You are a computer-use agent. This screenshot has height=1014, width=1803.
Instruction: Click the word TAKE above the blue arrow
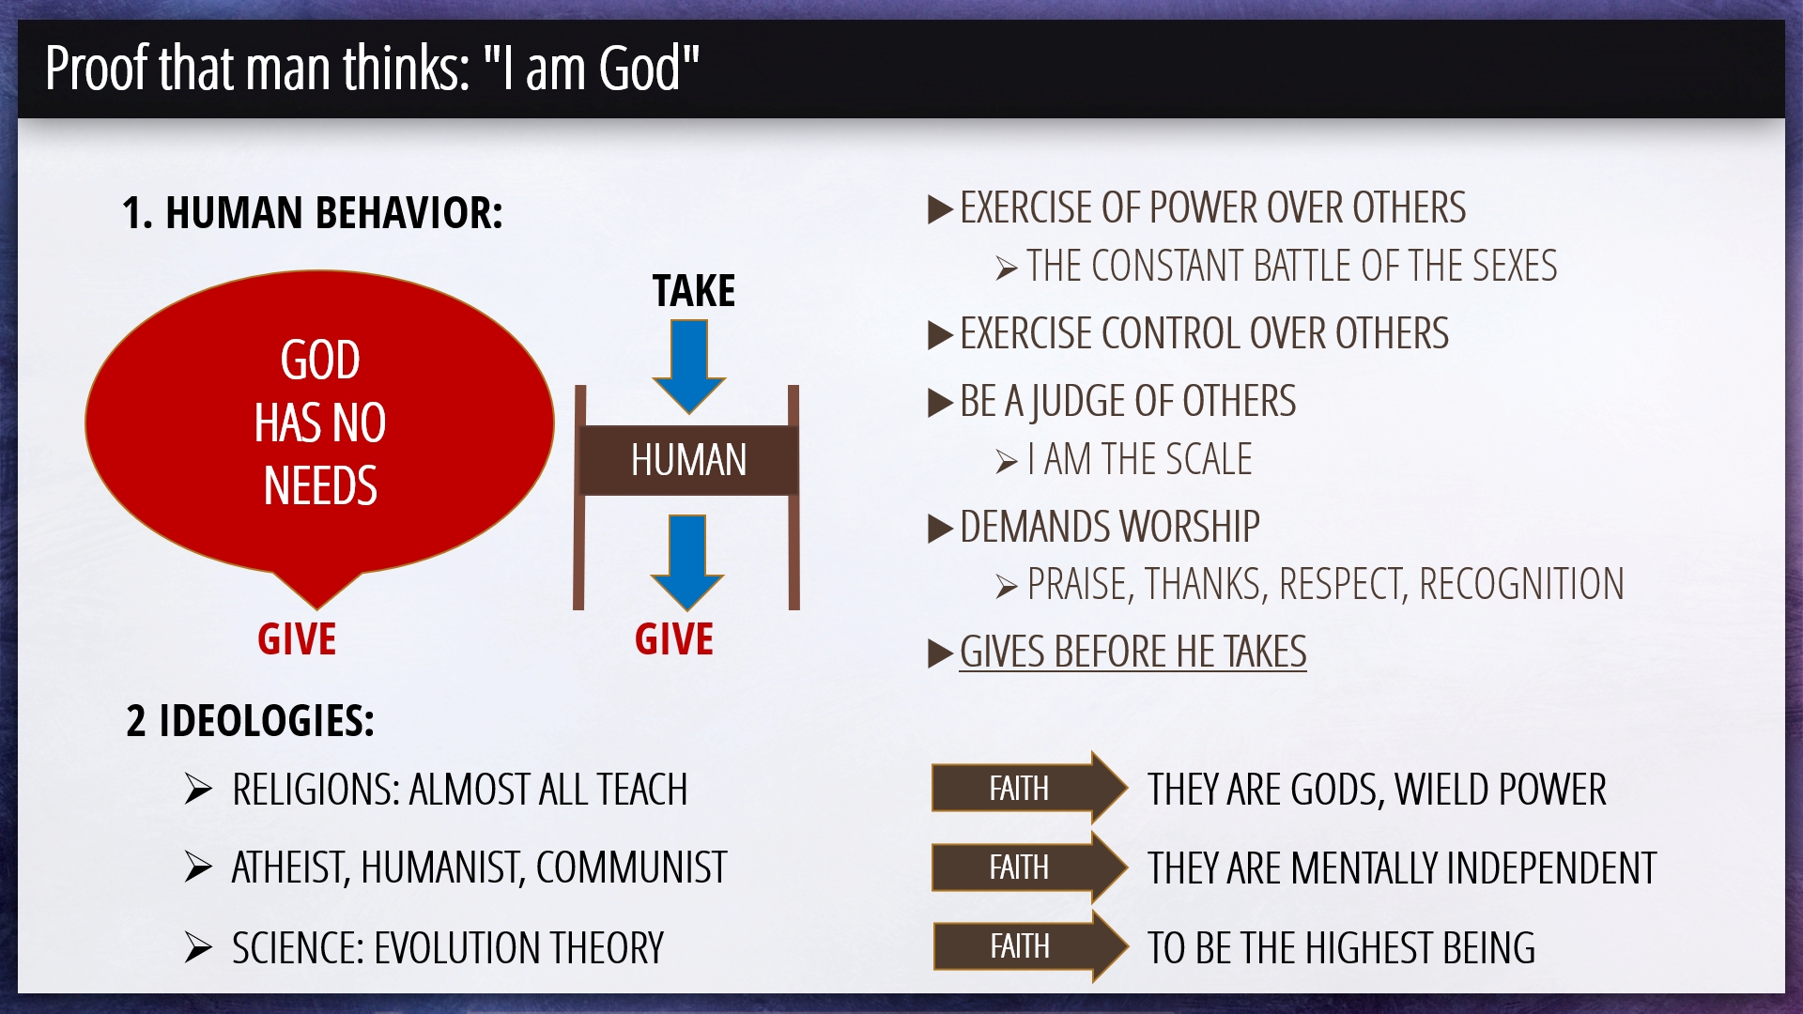pyautogui.click(x=694, y=291)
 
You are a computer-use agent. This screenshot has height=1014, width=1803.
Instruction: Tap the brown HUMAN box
pyautogui.click(x=689, y=460)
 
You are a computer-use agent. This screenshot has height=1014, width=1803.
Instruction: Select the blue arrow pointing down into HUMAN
pyautogui.click(x=689, y=367)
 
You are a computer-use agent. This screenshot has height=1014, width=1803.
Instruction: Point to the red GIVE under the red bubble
pyautogui.click(x=297, y=639)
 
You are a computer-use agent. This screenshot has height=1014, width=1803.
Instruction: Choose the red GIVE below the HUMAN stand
pyautogui.click(x=674, y=639)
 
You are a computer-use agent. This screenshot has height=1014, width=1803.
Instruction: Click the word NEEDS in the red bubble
pyautogui.click(x=320, y=486)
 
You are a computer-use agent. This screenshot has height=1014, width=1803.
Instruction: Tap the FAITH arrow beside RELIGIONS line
pyautogui.click(x=1029, y=788)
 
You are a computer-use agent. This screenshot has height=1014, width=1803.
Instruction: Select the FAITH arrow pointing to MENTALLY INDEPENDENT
pyautogui.click(x=1029, y=867)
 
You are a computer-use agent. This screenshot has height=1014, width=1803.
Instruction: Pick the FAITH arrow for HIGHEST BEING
pyautogui.click(x=1030, y=945)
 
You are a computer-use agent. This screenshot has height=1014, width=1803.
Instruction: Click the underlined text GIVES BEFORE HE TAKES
pyautogui.click(x=1133, y=652)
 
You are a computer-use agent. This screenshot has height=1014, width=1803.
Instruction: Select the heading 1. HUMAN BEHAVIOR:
pyautogui.click(x=312, y=213)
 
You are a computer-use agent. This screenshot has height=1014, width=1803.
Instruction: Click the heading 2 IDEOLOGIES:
pyautogui.click(x=250, y=721)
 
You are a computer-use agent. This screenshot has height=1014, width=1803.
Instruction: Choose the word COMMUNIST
pyautogui.click(x=631, y=868)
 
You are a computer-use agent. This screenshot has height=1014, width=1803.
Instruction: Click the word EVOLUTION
pyautogui.click(x=456, y=948)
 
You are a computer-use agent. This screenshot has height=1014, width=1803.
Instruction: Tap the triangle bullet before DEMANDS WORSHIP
pyautogui.click(x=940, y=529)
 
